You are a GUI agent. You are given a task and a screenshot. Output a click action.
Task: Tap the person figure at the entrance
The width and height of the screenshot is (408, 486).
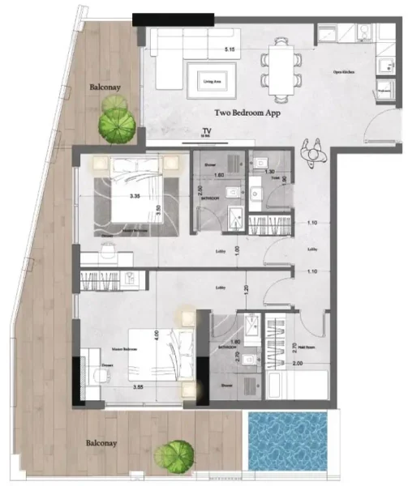[x=311, y=149]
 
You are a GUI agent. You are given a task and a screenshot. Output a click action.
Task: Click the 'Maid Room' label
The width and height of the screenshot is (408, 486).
[x=307, y=348]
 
